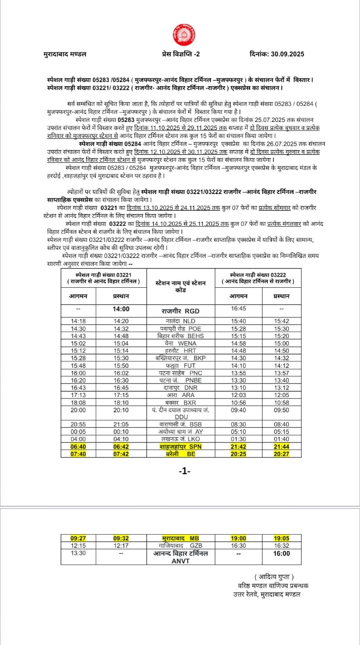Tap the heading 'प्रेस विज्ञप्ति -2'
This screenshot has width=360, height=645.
(181, 54)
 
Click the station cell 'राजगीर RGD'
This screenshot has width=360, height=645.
(181, 311)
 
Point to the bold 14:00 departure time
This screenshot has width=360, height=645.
(121, 309)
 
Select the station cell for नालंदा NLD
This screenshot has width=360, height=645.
(181, 321)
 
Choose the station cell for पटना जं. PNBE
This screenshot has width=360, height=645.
(181, 380)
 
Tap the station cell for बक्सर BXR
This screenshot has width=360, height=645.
(181, 403)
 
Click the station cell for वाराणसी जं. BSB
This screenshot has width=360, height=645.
(181, 424)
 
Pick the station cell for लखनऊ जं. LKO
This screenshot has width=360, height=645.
(181, 439)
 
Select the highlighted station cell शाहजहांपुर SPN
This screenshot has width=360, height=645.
(181, 446)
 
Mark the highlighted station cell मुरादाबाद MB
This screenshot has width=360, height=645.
(181, 538)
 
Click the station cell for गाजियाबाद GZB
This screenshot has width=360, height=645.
(181, 546)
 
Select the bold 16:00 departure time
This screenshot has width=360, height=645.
(282, 553)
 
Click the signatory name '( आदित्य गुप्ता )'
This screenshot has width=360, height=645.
(274, 576)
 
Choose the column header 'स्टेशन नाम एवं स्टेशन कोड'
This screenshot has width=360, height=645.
(181, 286)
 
